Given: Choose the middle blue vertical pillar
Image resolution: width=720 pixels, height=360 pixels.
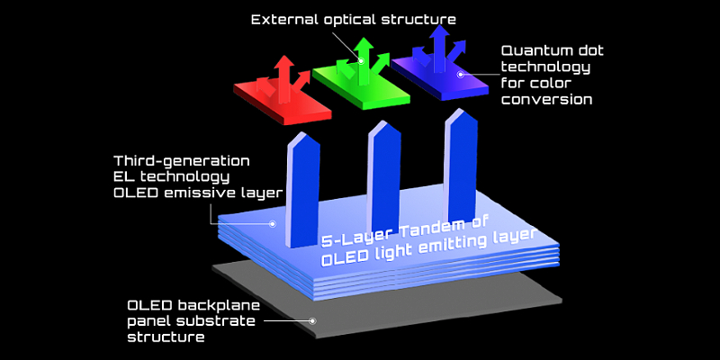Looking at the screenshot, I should point(382,176).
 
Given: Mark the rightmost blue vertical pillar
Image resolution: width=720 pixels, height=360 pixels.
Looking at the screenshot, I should point(460,167).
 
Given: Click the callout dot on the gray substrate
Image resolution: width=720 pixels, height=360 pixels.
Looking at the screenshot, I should point(312,319).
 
